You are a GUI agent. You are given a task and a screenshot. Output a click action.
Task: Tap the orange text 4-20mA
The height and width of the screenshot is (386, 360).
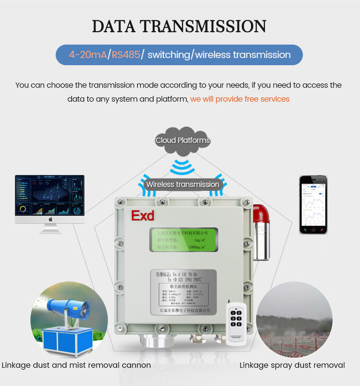(x=87, y=55)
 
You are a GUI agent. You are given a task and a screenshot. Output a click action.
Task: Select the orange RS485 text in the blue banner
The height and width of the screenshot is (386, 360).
(x=126, y=55)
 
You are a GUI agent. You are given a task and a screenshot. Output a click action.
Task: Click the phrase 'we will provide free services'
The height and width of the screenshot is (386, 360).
(x=240, y=99)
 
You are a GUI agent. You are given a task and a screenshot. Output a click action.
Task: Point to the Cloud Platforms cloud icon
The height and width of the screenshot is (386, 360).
(x=182, y=140)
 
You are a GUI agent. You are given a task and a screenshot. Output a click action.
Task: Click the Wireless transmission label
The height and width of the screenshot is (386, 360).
(x=182, y=184)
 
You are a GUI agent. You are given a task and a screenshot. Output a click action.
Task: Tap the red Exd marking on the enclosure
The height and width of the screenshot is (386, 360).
(x=143, y=215)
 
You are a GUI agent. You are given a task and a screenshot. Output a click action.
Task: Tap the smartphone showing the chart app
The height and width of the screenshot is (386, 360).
(x=313, y=204)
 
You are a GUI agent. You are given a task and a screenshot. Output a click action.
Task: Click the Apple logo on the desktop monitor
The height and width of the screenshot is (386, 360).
(x=50, y=220)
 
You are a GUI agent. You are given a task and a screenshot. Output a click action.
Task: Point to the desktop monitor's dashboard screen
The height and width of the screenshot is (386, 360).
(x=50, y=195)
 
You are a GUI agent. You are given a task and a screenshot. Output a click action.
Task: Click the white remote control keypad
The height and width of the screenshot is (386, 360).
(x=236, y=318)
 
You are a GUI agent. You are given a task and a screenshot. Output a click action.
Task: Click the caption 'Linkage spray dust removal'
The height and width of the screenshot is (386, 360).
(x=292, y=365)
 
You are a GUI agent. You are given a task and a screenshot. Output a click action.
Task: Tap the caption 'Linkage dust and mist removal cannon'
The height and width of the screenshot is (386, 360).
(x=76, y=365)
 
